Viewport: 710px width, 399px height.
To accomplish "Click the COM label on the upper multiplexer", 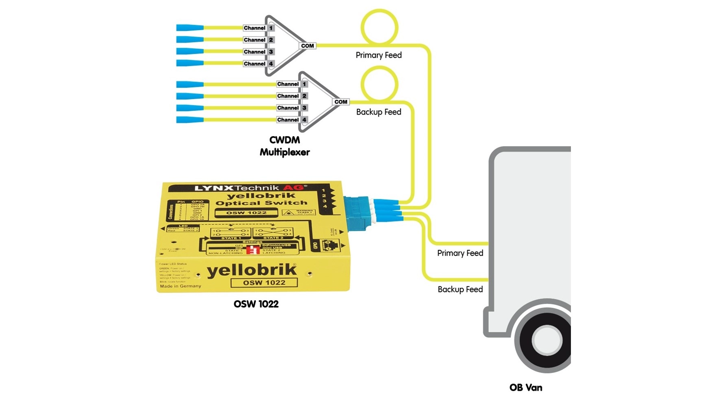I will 307,46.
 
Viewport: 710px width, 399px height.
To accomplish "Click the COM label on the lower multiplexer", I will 341,102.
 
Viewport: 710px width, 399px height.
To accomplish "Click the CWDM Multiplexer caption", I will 285,146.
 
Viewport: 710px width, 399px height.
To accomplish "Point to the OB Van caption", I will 526,388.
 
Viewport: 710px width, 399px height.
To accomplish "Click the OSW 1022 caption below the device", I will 256,304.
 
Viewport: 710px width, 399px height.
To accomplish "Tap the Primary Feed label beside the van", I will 460,253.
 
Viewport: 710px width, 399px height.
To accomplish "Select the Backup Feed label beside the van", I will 460,289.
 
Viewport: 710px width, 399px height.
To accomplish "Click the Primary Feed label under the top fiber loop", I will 379,55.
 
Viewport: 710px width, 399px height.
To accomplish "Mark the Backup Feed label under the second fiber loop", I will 379,112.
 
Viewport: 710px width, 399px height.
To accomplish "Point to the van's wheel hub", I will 547,340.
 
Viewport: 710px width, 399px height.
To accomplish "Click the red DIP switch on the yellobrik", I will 253,249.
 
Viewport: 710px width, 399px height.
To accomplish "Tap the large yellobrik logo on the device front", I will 252,271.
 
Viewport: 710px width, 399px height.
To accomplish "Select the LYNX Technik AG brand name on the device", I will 249,188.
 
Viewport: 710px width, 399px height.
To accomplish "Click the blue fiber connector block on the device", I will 356,211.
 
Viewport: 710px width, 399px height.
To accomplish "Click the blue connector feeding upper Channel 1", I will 190,28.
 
